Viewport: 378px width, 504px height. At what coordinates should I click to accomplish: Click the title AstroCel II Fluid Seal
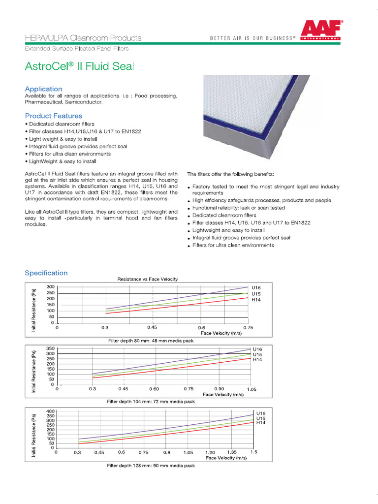tap(79, 65)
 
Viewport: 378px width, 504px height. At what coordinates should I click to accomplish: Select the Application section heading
tap(43, 89)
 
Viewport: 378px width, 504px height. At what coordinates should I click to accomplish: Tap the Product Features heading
tap(54, 116)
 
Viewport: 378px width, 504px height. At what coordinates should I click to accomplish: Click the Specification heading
tap(46, 273)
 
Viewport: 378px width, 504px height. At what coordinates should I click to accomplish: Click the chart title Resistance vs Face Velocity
tap(147, 279)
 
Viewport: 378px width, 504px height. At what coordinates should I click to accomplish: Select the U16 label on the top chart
tap(256, 287)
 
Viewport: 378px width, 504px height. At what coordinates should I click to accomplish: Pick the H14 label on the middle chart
tap(257, 360)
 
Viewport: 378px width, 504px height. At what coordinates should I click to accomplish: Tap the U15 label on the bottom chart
tap(261, 418)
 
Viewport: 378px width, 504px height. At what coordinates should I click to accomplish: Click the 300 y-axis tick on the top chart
tap(51, 287)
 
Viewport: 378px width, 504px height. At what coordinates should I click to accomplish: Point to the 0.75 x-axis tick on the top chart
tap(248, 327)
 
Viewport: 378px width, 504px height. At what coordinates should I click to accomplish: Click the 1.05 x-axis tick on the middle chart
tap(252, 389)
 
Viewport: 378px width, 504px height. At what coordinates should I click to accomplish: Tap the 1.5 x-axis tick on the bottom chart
tap(253, 452)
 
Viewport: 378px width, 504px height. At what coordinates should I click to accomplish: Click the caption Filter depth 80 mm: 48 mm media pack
tap(151, 341)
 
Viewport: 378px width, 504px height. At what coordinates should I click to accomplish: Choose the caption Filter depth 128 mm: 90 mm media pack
tap(151, 466)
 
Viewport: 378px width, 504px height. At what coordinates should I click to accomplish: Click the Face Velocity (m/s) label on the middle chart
tap(223, 395)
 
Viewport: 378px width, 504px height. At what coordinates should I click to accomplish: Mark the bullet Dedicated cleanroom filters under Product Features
tap(61, 124)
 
